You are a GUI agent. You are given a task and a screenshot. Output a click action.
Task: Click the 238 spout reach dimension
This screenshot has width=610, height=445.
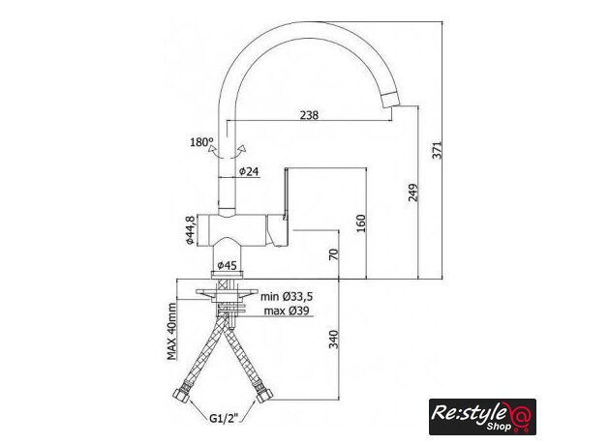coord(309,115)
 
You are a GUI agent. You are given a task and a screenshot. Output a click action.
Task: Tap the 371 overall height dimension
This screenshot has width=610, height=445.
coord(438,150)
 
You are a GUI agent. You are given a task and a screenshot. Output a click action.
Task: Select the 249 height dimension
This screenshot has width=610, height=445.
coord(413,193)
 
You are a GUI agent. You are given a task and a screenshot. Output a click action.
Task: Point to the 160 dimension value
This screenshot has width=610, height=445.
coord(361,223)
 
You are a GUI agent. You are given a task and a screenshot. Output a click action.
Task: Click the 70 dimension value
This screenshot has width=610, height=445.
coord(334,254)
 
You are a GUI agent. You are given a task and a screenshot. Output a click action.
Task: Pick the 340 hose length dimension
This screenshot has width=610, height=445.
coord(334,339)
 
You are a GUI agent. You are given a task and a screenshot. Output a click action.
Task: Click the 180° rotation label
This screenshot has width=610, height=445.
coord(201,142)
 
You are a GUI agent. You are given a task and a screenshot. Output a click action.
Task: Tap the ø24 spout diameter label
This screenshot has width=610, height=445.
coord(249,171)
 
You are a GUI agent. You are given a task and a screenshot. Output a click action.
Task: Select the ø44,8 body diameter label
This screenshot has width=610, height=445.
coord(190,229)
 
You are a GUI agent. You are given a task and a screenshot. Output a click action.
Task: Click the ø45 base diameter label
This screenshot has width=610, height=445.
coord(227,265)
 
